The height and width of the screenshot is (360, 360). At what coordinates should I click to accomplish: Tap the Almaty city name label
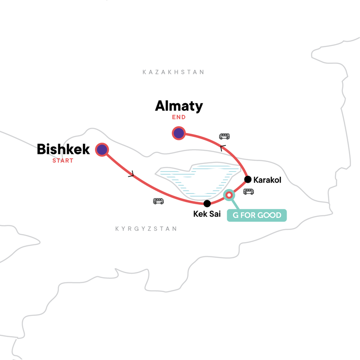[x=179, y=106]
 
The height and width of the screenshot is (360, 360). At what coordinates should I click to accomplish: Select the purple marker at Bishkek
[x=102, y=150]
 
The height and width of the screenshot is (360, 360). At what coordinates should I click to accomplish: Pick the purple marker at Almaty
[x=179, y=133]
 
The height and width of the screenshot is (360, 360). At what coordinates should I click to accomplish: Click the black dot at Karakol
[x=247, y=180]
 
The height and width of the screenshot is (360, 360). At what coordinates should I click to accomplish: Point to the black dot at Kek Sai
[x=207, y=203]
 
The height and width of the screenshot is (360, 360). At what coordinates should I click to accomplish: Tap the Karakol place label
[x=267, y=180]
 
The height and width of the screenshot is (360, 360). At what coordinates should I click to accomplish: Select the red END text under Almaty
[x=179, y=117]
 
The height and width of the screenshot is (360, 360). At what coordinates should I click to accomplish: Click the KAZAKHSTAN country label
[x=173, y=72]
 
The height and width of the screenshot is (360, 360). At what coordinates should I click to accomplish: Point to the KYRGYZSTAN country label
[x=146, y=229]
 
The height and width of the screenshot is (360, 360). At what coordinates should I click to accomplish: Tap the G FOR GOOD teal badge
[x=257, y=215]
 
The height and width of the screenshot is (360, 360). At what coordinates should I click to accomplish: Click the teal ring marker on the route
[x=229, y=195]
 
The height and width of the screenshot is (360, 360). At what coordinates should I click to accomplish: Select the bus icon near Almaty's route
[x=224, y=136]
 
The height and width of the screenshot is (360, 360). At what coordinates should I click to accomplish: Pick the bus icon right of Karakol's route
[x=248, y=192]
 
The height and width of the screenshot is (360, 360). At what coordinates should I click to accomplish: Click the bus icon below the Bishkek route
[x=158, y=201]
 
